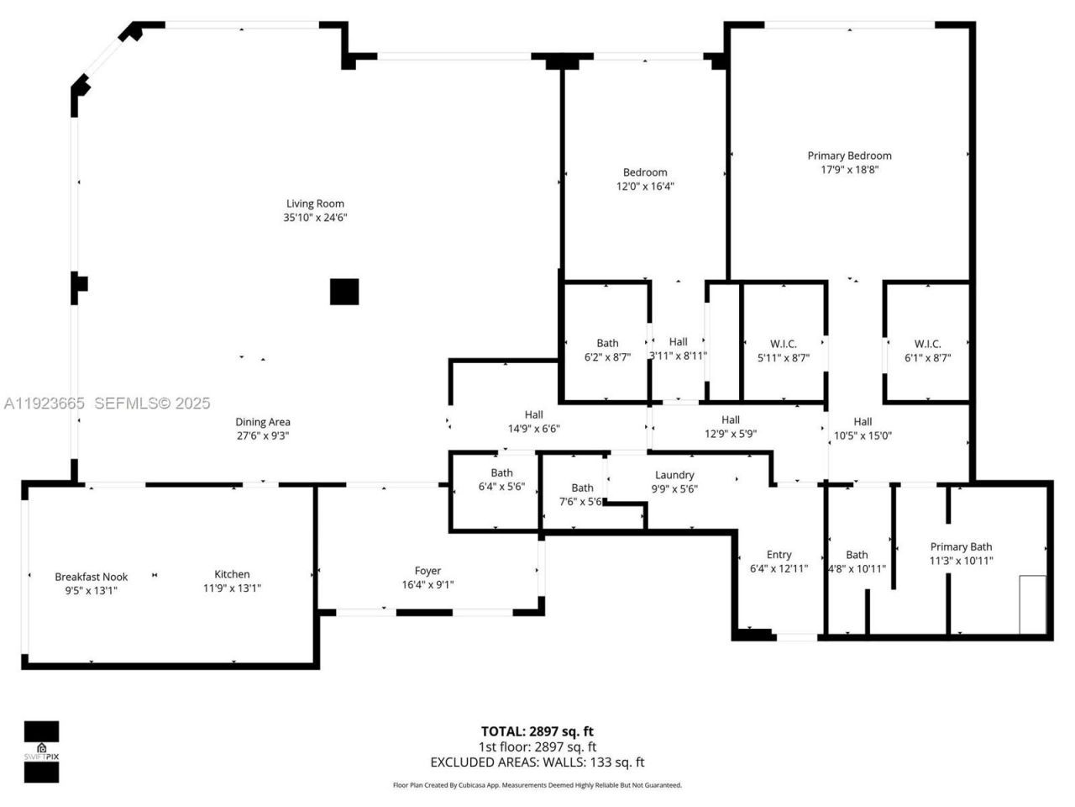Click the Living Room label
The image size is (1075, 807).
point(315,203)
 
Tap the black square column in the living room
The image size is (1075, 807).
point(344,292)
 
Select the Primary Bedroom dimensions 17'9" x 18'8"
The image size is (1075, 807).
point(849,170)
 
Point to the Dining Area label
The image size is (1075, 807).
point(263,422)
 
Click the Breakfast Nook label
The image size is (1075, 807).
point(91,577)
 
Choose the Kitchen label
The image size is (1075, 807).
point(232,574)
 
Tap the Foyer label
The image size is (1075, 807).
point(427,571)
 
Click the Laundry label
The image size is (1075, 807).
point(674,475)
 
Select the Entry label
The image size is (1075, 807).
point(779,555)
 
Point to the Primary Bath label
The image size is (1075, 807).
point(961,546)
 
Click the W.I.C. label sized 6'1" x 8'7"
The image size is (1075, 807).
point(927,344)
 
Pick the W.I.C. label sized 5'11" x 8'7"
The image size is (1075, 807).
point(783,344)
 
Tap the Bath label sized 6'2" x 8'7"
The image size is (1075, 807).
point(607,343)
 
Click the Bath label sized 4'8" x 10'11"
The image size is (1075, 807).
point(857,555)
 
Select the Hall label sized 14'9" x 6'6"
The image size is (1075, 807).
point(533,414)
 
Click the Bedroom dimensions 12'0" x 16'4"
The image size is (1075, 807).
point(645,187)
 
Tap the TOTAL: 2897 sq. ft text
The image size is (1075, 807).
point(537,731)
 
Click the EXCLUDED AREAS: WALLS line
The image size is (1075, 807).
point(537,762)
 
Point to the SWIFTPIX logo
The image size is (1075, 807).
point(41,752)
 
